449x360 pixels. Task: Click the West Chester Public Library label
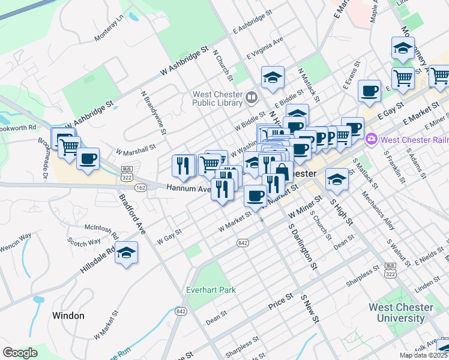click(x=218, y=100)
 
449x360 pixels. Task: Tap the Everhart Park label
click(x=211, y=290)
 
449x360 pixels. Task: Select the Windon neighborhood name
click(x=68, y=316)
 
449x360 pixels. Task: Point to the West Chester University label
click(x=400, y=313)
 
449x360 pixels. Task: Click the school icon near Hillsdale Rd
click(x=127, y=253)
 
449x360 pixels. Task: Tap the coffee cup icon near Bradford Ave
click(x=88, y=159)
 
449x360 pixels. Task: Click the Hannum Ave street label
click(x=185, y=188)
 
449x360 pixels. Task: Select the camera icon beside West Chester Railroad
click(x=372, y=140)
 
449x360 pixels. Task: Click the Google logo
click(x=20, y=353)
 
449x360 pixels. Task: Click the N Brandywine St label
click(x=153, y=112)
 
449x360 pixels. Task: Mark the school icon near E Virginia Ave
click(x=273, y=77)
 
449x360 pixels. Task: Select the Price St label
click(x=280, y=301)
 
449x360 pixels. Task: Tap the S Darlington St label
click(x=302, y=244)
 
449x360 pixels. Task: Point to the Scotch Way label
click(x=85, y=242)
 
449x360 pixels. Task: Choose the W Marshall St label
click(x=135, y=148)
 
